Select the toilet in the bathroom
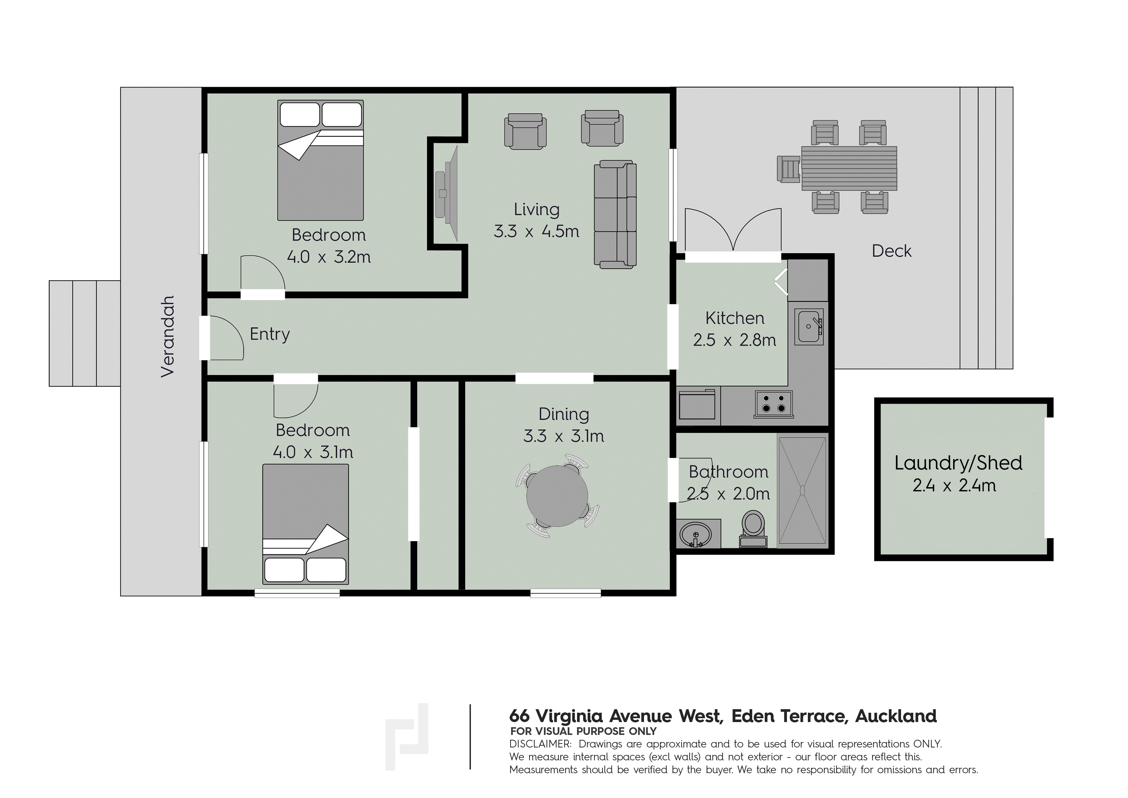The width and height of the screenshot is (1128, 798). tap(753, 529)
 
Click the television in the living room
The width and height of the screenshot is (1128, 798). tap(447, 193)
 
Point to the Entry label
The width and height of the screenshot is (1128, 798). tap(270, 334)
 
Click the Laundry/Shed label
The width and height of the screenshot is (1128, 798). tap(958, 463)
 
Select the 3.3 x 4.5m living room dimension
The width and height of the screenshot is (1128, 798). tap(537, 231)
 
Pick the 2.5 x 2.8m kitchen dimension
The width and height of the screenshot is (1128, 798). tap(735, 340)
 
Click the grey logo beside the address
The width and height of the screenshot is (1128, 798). tap(407, 736)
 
